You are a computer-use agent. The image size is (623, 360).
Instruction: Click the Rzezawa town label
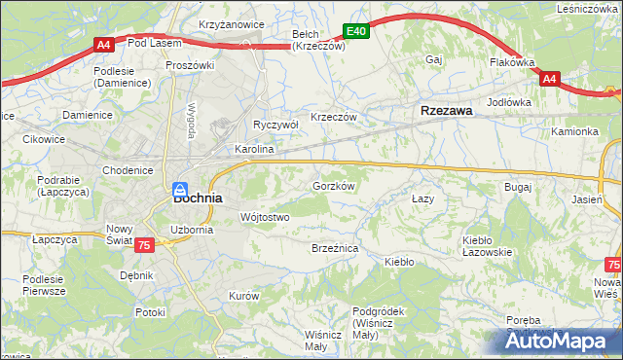point(447,111)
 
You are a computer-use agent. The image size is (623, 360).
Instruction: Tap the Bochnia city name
point(198,197)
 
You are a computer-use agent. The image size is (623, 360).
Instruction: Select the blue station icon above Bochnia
point(181,189)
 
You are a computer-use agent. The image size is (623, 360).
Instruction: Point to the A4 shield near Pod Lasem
point(103,44)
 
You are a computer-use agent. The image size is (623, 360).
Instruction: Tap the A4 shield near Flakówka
point(549,78)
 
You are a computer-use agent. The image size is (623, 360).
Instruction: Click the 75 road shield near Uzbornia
point(144,247)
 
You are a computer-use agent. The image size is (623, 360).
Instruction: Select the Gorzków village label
point(332,185)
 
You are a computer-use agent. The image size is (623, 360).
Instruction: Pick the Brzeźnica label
point(336,249)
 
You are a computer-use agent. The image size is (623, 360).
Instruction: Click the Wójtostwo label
point(265,217)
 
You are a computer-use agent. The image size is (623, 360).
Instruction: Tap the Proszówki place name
point(190,65)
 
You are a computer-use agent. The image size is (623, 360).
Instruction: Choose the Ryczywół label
point(275,125)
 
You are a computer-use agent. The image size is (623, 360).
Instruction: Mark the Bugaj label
point(517,185)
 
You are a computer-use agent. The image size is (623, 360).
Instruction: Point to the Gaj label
point(434,59)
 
